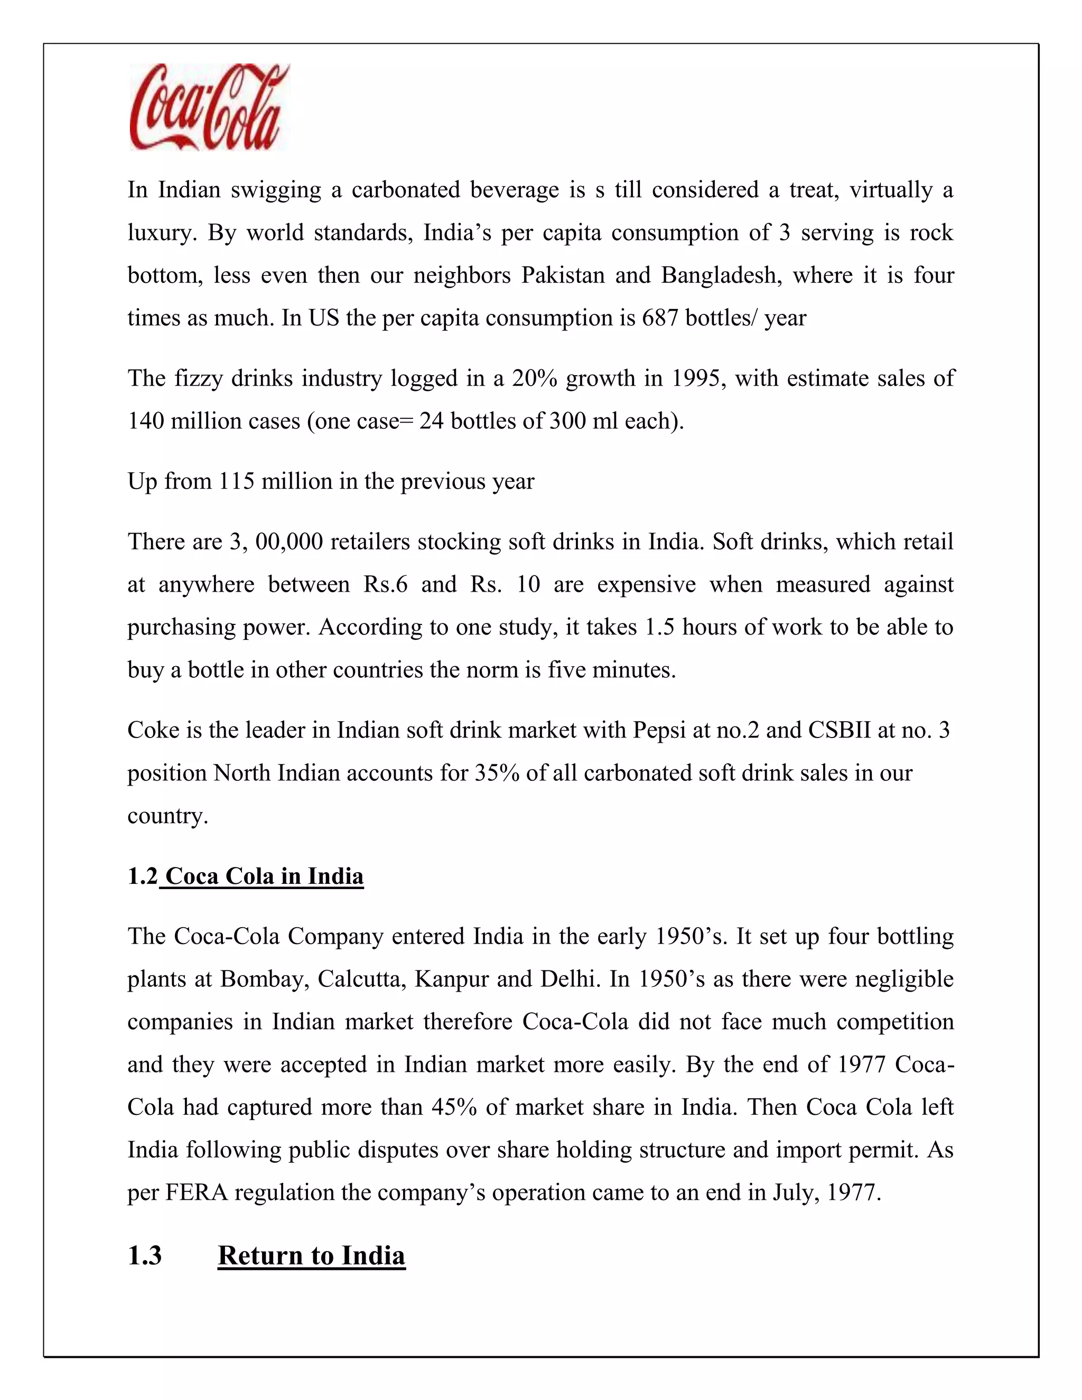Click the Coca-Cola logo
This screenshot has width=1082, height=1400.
click(209, 107)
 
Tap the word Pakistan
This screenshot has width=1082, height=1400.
click(563, 276)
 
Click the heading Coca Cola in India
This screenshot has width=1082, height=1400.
click(264, 876)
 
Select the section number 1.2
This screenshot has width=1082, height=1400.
click(142, 876)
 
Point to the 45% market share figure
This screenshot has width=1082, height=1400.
click(454, 1107)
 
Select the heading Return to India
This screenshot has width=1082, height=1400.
click(312, 1256)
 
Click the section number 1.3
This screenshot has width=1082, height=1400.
click(145, 1256)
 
